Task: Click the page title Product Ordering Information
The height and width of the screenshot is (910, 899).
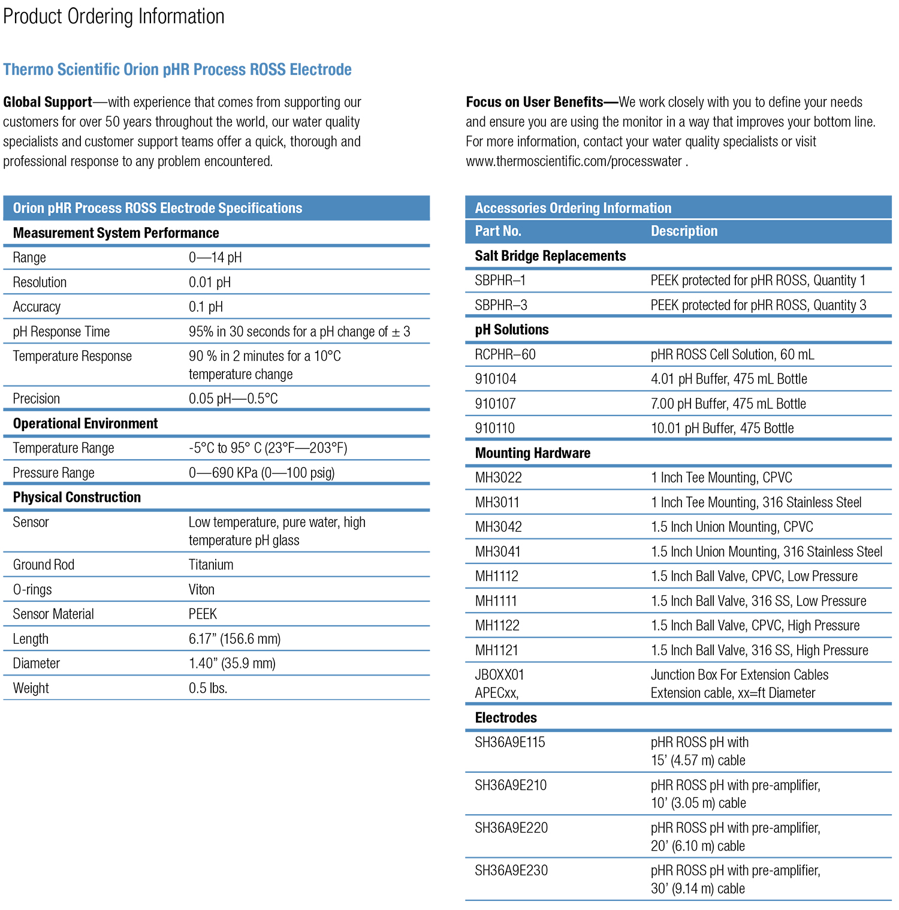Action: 114,16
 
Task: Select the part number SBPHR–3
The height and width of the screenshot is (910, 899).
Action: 501,305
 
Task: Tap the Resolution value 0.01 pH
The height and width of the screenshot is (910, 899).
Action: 210,282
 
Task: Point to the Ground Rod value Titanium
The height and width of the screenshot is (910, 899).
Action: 211,565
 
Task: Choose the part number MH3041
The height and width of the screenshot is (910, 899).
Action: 498,552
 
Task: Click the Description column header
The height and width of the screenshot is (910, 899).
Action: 684,231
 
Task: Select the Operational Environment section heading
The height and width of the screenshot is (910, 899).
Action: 85,424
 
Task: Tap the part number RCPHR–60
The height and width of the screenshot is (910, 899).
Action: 505,354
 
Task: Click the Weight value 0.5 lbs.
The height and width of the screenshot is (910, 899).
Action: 208,688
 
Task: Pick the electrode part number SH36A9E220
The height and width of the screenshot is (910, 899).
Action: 511,828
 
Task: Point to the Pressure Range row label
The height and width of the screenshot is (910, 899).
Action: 54,473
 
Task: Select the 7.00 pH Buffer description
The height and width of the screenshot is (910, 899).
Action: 728,404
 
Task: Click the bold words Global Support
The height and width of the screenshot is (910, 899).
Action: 48,102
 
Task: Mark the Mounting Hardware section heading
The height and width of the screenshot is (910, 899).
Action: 533,453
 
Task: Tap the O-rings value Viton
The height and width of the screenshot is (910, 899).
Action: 201,589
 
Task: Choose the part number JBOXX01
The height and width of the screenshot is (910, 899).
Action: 499,675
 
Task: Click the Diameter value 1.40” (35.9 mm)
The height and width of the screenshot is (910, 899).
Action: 232,664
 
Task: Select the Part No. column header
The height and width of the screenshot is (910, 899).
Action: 498,231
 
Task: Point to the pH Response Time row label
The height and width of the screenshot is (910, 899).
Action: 61,332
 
